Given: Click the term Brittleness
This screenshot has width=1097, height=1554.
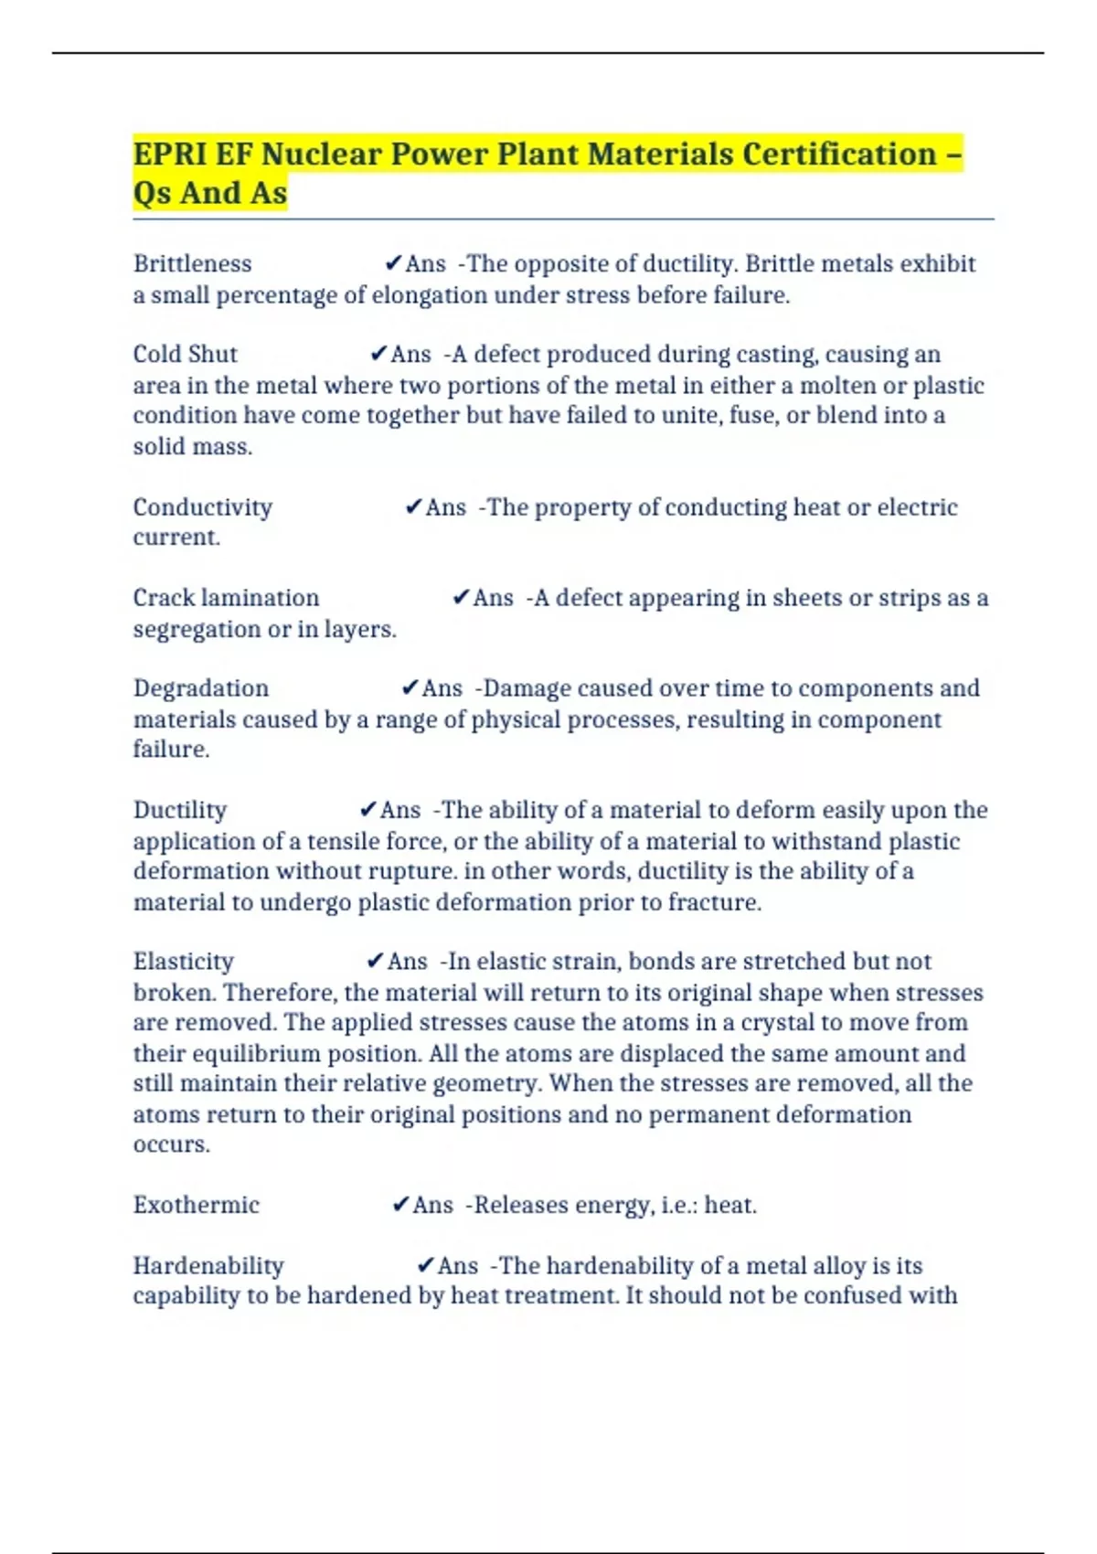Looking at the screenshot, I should [x=192, y=264].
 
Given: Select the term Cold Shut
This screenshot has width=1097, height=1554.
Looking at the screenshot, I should [x=185, y=355].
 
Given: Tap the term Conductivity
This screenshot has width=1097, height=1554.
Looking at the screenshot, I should [x=202, y=507].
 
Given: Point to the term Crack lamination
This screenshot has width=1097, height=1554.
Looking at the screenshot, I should [x=226, y=598].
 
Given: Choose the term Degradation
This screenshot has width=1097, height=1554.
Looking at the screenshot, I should [x=200, y=688].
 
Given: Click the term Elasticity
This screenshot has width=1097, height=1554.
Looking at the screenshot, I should [x=183, y=962].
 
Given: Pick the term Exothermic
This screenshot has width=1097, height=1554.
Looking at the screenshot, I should [x=196, y=1205].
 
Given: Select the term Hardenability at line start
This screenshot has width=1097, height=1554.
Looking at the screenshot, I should [x=208, y=1266].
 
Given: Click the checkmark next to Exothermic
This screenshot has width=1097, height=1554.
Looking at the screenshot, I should [x=399, y=1205].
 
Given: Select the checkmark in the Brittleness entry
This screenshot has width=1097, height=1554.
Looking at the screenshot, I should [x=393, y=264].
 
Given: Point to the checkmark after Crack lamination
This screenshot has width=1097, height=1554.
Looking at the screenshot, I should [x=461, y=598].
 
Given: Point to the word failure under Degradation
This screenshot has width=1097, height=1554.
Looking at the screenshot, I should [x=171, y=750].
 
